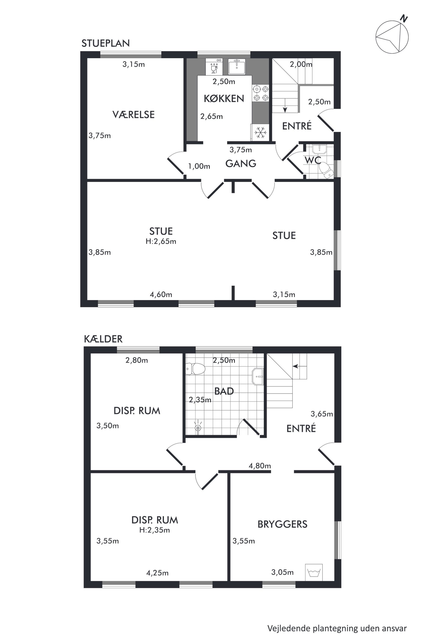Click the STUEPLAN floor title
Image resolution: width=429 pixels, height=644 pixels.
[x=106, y=43]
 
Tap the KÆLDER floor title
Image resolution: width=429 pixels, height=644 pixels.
[x=103, y=339]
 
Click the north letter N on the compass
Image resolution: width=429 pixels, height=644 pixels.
[x=404, y=19]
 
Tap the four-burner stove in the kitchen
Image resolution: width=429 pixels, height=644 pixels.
[x=261, y=93]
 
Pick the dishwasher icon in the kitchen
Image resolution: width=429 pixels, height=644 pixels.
[x=214, y=66]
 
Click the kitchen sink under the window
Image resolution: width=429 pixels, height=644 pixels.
[x=237, y=66]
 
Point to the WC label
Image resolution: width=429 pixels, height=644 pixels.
[x=313, y=160]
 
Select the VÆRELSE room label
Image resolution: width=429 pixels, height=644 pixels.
[x=133, y=114]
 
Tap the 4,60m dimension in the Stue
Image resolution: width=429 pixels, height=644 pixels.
[x=161, y=295]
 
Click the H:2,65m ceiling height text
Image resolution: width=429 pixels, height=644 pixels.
[x=161, y=241]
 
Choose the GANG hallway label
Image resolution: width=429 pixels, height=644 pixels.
[x=241, y=163]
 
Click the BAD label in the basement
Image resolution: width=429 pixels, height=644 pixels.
[x=224, y=391]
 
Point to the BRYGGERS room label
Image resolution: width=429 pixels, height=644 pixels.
[x=283, y=524]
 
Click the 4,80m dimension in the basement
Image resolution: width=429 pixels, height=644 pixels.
[x=260, y=466]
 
